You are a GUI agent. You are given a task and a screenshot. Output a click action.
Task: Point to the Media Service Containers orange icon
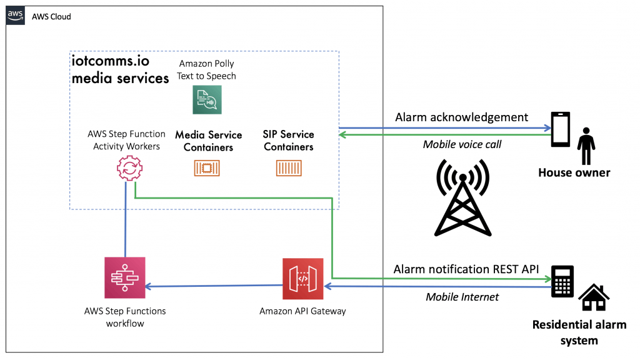207,168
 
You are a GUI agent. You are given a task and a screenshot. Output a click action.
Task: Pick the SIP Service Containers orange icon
288,168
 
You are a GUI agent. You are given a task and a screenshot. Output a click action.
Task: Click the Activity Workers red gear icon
129,168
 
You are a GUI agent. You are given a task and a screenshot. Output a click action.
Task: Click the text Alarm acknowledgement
461,117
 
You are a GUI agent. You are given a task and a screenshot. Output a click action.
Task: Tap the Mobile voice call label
462,144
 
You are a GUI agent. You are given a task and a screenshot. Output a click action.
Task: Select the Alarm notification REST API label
466,269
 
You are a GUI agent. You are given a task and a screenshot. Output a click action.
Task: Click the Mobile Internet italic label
462,297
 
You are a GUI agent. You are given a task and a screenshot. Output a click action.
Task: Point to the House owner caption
574,172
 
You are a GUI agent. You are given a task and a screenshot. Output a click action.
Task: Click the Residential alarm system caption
579,332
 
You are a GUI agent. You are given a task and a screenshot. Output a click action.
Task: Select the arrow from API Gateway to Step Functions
212,286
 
